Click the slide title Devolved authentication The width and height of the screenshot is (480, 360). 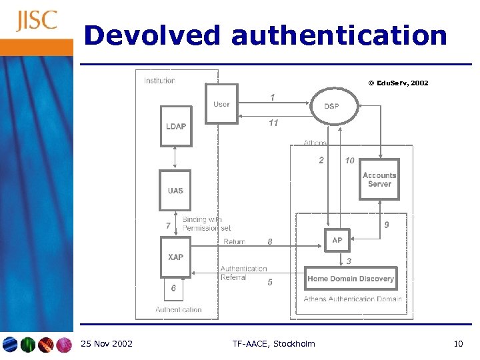coord(265,35)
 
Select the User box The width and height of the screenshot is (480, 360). coord(221,104)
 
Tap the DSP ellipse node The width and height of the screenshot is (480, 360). coord(331,106)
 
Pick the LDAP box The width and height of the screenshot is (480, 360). coord(176,126)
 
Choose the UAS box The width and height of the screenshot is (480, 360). coord(175,191)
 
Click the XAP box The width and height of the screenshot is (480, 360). coord(175,257)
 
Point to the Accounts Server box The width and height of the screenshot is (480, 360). coord(379,179)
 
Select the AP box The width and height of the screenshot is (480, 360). coord(337,240)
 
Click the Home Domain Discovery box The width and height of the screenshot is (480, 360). coord(351,279)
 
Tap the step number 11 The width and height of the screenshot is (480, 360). coord(273,123)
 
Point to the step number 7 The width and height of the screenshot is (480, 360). coord(168,225)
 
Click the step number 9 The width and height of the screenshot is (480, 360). coord(387,225)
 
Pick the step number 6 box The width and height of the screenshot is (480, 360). coord(173,289)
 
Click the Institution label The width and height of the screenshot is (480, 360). coord(160,81)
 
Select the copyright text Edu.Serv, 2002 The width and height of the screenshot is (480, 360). coord(398,83)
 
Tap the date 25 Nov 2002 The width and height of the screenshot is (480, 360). coord(106,344)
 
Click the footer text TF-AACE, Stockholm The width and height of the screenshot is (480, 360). coord(274,344)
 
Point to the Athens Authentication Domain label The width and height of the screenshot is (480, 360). coord(353,299)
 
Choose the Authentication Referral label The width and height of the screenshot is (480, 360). coord(243,273)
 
